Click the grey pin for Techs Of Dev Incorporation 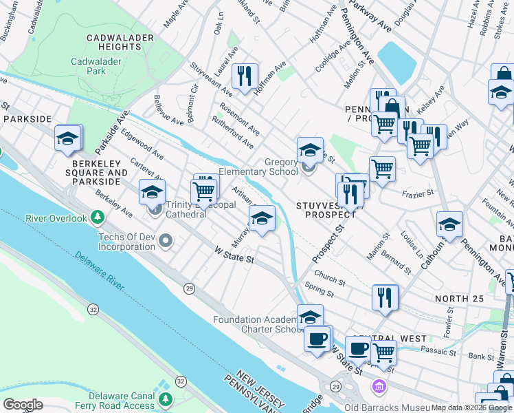pyautogui.click(x=166, y=241)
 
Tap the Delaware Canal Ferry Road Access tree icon pyautogui.click(x=165, y=400)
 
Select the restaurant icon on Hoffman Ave pyautogui.click(x=244, y=76)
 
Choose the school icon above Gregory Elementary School pyautogui.click(x=310, y=149)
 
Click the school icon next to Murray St pyautogui.click(x=262, y=219)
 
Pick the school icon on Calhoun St pyautogui.click(x=449, y=225)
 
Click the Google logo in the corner pyautogui.click(x=23, y=405)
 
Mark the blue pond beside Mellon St pyautogui.click(x=396, y=62)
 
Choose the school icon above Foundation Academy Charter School pyautogui.click(x=310, y=316)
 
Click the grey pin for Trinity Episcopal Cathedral pyautogui.click(x=156, y=209)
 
